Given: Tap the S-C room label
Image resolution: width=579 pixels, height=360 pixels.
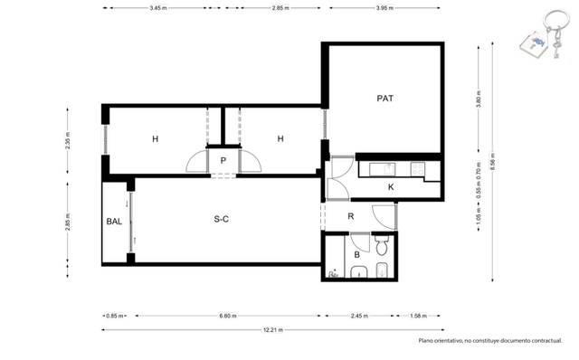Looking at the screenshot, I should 221,220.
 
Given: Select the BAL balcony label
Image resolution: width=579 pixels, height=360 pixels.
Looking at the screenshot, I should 114,221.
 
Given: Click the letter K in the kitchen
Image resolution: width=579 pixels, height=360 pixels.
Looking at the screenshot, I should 390,186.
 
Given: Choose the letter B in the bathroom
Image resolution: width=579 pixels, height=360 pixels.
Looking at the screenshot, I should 357,255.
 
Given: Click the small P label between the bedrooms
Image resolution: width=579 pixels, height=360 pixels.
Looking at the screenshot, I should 223,160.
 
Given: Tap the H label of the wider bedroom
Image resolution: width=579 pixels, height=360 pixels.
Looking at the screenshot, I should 155,138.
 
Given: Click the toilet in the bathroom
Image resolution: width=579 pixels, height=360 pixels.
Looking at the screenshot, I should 382,245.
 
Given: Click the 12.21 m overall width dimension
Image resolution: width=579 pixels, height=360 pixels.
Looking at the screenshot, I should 270,329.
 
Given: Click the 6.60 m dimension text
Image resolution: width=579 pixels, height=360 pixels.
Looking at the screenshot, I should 228,316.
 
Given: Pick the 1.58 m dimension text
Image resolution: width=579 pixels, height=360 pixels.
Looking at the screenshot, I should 417,316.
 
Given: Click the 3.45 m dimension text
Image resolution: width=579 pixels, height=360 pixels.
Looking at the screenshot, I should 157,8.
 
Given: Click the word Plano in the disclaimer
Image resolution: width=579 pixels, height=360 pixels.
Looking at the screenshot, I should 427,341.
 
